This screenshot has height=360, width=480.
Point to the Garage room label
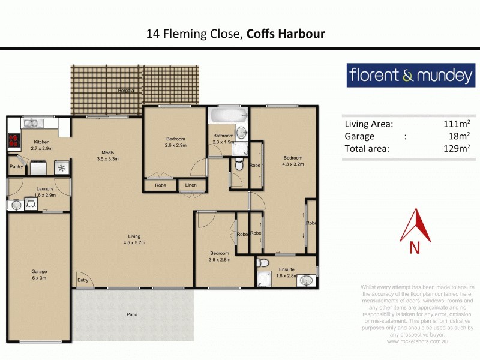coord(39,275)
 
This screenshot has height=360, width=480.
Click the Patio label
coord(132,314)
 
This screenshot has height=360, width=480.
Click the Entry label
coord(82,280)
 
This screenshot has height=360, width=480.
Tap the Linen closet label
coord(191,185)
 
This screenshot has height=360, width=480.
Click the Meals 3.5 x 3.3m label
coord(108,155)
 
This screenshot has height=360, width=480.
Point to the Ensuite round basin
coord(306,280)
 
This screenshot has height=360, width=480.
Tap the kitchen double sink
coord(30,124)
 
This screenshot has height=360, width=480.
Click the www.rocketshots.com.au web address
coord(418,341)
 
